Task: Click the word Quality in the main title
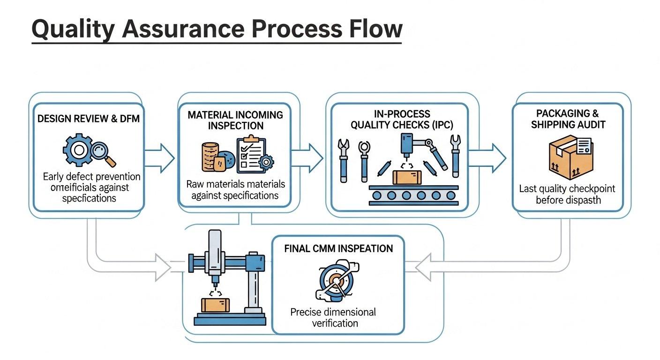click(x=72, y=29)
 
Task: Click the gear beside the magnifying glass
click(x=77, y=150)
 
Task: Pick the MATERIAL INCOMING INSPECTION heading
click(x=235, y=120)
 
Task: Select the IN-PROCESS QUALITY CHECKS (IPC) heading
click(x=399, y=119)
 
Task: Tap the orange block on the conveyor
click(x=407, y=178)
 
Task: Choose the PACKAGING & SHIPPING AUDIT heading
click(x=568, y=119)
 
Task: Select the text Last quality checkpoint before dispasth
click(x=567, y=194)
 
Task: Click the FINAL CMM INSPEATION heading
click(x=338, y=248)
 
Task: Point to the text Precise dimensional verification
click(x=333, y=317)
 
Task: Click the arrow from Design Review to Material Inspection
click(x=159, y=158)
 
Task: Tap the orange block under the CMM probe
click(x=216, y=305)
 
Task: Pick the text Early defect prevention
click(x=91, y=177)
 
